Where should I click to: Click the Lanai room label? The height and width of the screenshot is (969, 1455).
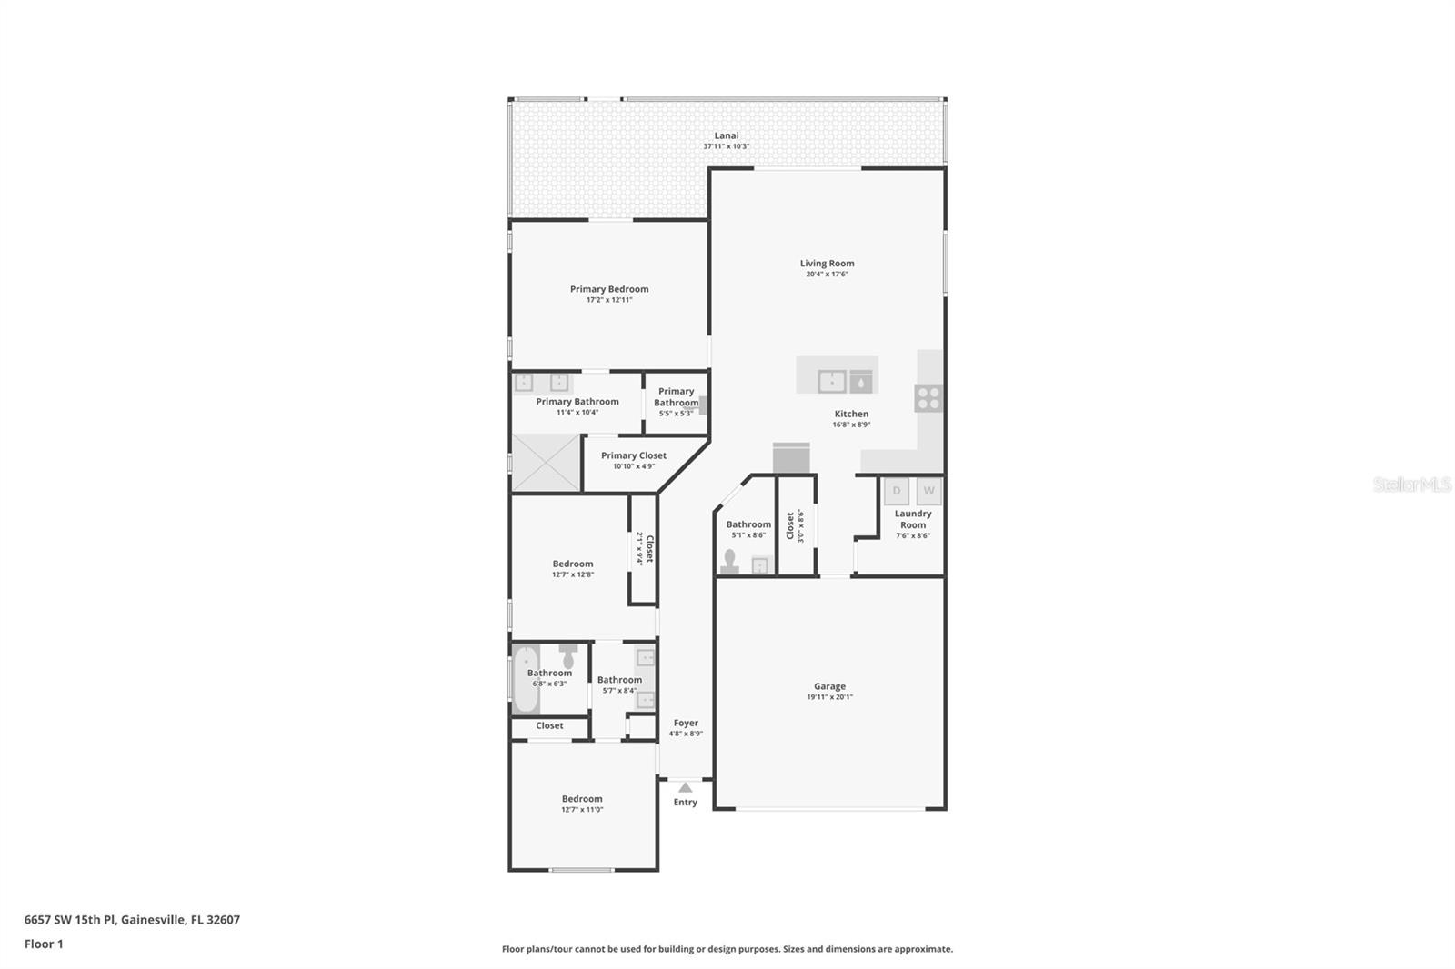click(726, 135)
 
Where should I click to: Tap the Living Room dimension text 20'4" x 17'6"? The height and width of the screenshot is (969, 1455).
click(827, 274)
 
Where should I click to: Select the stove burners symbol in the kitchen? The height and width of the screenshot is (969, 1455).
click(928, 398)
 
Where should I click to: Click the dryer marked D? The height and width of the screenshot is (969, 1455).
click(897, 491)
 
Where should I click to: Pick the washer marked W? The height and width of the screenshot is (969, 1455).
click(928, 491)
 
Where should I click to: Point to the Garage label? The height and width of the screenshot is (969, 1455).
click(829, 686)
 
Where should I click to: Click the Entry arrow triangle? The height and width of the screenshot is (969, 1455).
click(685, 787)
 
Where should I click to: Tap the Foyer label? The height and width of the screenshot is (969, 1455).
click(686, 723)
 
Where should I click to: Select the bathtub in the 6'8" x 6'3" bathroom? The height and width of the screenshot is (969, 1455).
click(525, 679)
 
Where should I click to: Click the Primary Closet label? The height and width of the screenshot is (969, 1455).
click(633, 455)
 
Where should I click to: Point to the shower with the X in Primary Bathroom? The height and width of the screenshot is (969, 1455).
click(546, 463)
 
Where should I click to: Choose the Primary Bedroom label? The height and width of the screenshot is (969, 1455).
click(609, 289)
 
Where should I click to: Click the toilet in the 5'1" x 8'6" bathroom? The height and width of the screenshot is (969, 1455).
click(729, 562)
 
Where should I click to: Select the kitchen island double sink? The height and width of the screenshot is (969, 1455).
click(832, 382)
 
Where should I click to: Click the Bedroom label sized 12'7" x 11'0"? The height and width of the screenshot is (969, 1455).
click(582, 799)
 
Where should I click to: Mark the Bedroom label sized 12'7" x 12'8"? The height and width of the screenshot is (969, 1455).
click(573, 564)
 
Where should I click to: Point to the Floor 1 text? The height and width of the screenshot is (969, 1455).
click(44, 944)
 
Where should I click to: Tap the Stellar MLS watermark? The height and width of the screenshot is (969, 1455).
click(1411, 485)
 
